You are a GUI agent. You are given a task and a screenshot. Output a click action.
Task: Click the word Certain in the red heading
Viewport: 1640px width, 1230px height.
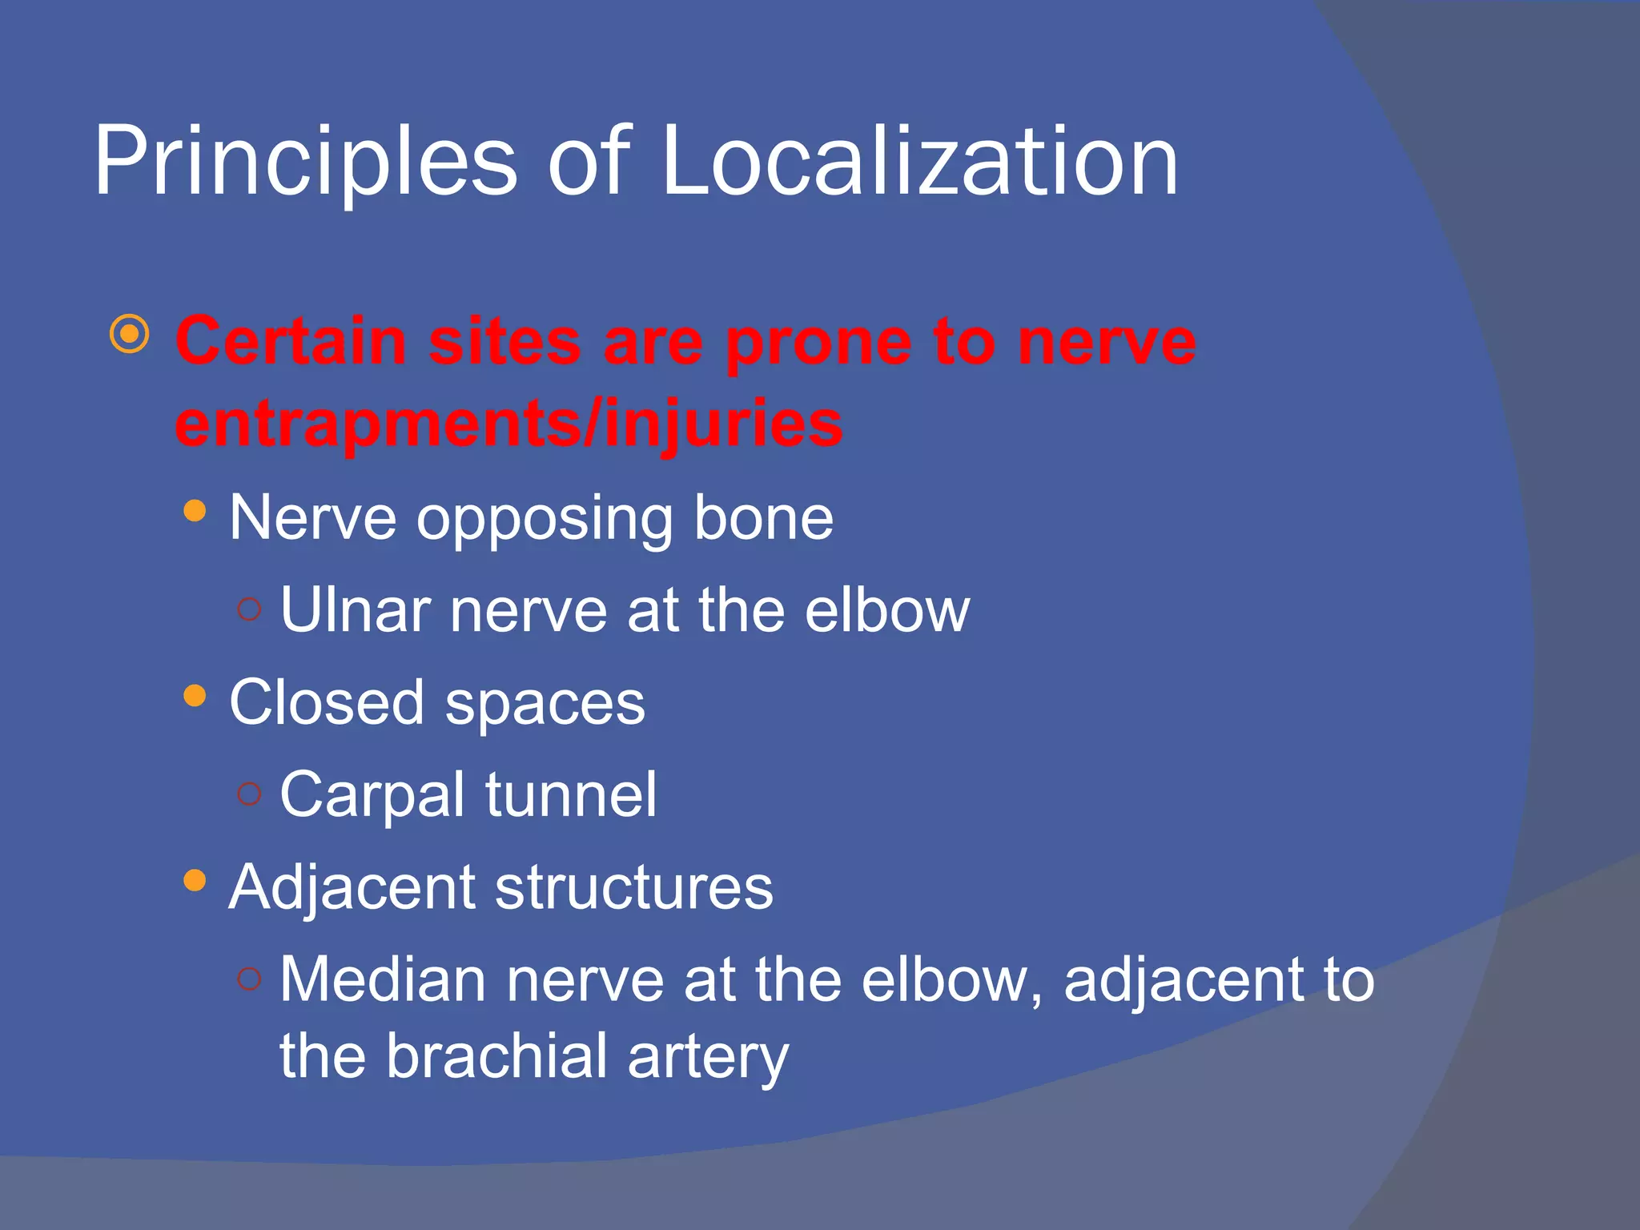point(291,341)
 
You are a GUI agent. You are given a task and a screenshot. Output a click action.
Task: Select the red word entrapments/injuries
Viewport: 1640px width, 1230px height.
point(508,424)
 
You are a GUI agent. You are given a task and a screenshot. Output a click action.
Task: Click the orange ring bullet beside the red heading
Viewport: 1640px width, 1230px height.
point(130,335)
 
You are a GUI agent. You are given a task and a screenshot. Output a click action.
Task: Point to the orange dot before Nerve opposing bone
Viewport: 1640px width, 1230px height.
point(195,511)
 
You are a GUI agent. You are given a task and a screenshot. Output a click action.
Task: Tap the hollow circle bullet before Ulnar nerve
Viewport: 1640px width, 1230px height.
point(250,609)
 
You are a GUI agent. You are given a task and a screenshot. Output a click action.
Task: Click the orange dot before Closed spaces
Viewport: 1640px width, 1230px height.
point(195,695)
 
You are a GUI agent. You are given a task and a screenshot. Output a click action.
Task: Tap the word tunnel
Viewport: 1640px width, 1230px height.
point(571,794)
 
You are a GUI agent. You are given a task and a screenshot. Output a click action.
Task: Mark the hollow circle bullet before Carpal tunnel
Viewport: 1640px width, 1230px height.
point(250,794)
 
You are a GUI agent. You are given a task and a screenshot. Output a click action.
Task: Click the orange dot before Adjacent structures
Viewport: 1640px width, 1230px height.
point(195,880)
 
